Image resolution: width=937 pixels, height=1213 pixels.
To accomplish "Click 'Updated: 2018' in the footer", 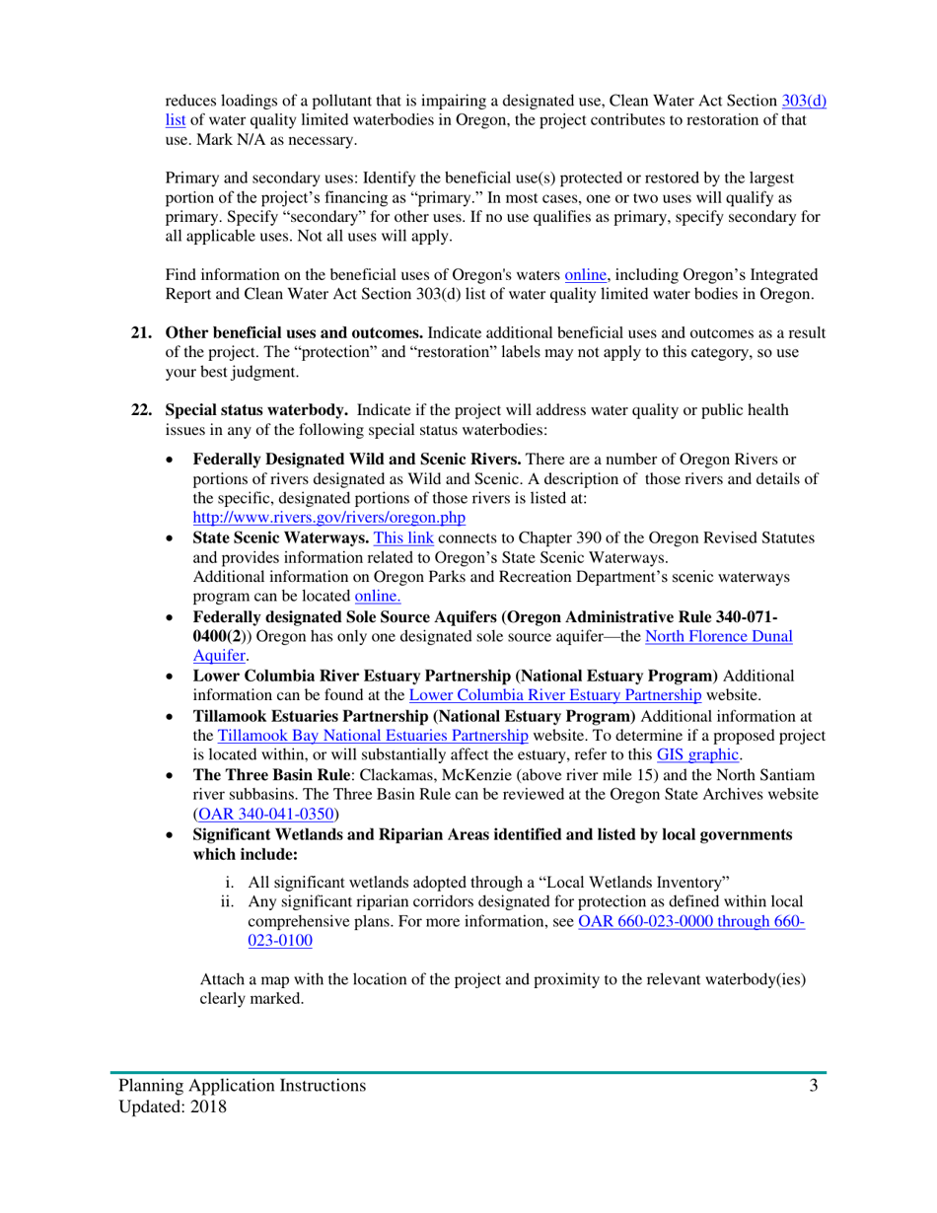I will [173, 1107].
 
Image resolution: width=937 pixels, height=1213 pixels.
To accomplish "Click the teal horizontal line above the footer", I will [468, 1070].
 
